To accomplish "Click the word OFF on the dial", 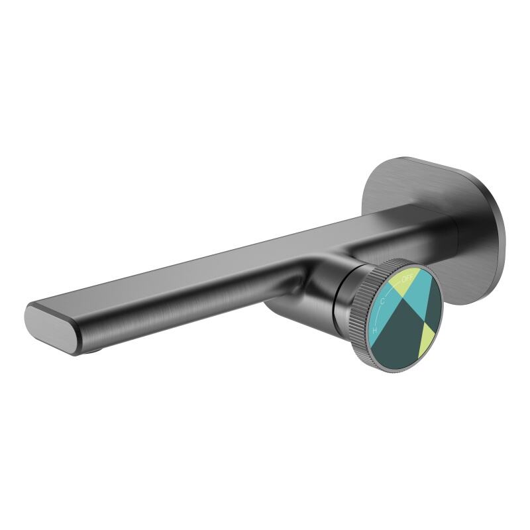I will point(407,279).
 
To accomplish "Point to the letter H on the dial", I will point(375,329).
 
